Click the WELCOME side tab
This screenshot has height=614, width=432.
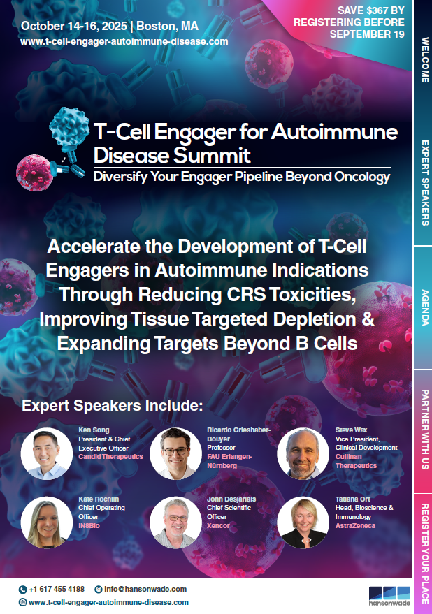tap(423, 60)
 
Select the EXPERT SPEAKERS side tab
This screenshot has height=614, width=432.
tap(423, 183)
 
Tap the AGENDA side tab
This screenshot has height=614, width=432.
tap(423, 307)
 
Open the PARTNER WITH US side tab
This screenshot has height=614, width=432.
tap(423, 431)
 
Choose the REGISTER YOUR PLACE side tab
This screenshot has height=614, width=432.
tap(423, 554)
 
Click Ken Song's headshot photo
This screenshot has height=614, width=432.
tap(46, 453)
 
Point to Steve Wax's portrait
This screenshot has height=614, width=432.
tap(303, 453)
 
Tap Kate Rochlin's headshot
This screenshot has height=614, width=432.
tap(46, 522)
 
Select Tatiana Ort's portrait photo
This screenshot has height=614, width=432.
tap(303, 522)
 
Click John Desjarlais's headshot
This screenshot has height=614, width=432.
tap(175, 522)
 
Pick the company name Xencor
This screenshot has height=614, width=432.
tap(218, 525)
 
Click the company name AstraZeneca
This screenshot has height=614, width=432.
tap(355, 525)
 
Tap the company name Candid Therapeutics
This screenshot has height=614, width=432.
tap(110, 457)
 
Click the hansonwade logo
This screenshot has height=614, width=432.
tap(389, 596)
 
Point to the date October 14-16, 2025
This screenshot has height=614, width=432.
tap(73, 27)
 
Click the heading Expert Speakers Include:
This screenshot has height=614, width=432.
tap(112, 405)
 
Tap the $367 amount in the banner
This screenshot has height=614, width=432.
tap(376, 10)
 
